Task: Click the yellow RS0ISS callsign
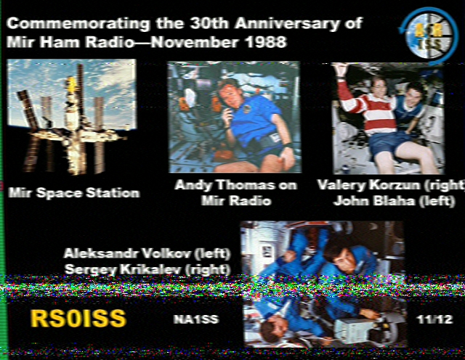[78, 318]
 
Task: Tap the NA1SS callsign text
[196, 319]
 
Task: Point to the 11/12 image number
[434, 319]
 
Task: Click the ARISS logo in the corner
[428, 35]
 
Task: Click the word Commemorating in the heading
[78, 24]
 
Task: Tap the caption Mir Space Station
[74, 193]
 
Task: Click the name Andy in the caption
[193, 186]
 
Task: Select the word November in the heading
[194, 42]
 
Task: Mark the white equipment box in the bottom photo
[354, 328]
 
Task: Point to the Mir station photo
[72, 116]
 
